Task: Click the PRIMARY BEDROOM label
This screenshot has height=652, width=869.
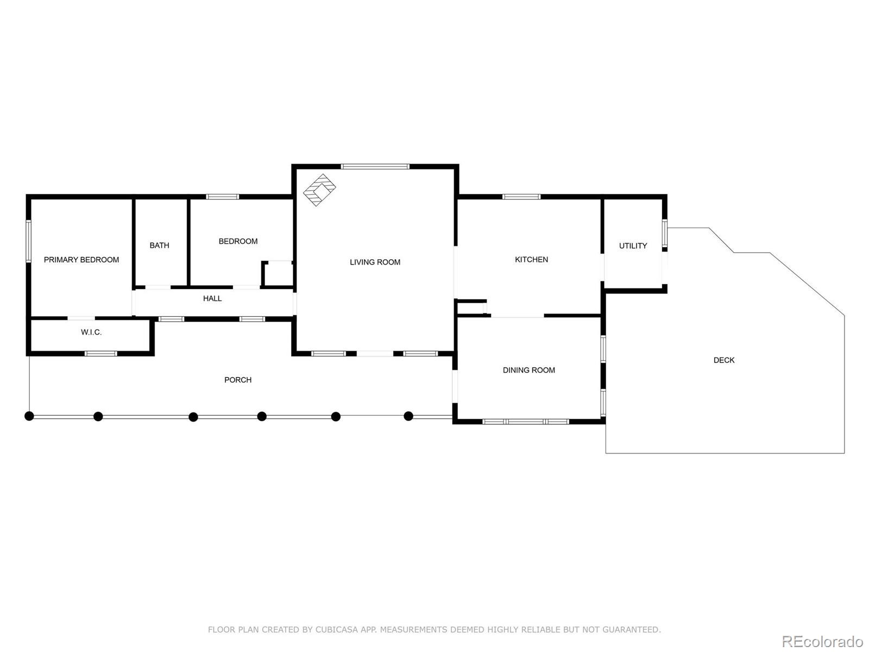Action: [x=81, y=260]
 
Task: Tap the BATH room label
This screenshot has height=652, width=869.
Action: [x=159, y=246]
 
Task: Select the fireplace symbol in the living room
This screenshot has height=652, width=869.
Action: [x=319, y=190]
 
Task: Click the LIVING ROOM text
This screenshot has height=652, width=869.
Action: [x=375, y=262]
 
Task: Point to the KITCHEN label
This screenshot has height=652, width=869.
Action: [x=531, y=260]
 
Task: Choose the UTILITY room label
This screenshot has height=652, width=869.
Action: [x=633, y=246]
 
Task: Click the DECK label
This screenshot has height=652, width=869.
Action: [x=723, y=360]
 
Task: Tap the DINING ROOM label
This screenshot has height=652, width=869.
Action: [x=528, y=371]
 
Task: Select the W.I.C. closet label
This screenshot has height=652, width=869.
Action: [x=91, y=332]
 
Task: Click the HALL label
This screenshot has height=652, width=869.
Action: [x=212, y=298]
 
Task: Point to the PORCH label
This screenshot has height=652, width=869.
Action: [x=238, y=380]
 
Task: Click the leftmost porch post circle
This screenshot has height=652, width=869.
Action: [x=29, y=416]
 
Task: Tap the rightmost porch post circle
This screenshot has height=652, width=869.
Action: [x=408, y=416]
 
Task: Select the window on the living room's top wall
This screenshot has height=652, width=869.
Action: [x=375, y=166]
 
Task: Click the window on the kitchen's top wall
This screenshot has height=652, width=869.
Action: [x=521, y=197]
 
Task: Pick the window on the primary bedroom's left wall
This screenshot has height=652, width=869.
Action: [x=29, y=241]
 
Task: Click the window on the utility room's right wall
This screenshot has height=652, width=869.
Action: [x=664, y=234]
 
